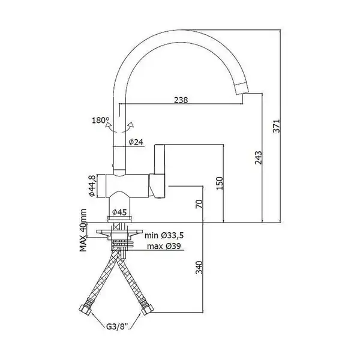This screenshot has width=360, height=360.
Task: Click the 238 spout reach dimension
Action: (x=181, y=100)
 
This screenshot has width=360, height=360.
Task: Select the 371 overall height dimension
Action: (x=277, y=125)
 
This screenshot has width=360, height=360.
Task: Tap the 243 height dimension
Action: (x=258, y=158)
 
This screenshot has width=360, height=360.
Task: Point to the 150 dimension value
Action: (x=220, y=183)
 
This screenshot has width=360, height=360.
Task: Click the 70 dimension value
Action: (x=200, y=204)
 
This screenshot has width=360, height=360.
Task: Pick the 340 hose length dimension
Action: (x=199, y=267)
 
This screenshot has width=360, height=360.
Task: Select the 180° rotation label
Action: (x=101, y=120)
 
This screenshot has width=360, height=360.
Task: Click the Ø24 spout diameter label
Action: (x=136, y=142)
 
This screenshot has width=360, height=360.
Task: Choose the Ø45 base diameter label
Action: (x=119, y=212)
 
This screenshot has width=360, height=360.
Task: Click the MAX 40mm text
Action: (x=83, y=230)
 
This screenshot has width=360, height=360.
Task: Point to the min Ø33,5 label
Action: (x=164, y=235)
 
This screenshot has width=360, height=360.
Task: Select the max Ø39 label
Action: (x=164, y=246)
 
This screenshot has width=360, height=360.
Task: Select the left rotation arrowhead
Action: (x=107, y=125)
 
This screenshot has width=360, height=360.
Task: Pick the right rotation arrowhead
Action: (x=131, y=125)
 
